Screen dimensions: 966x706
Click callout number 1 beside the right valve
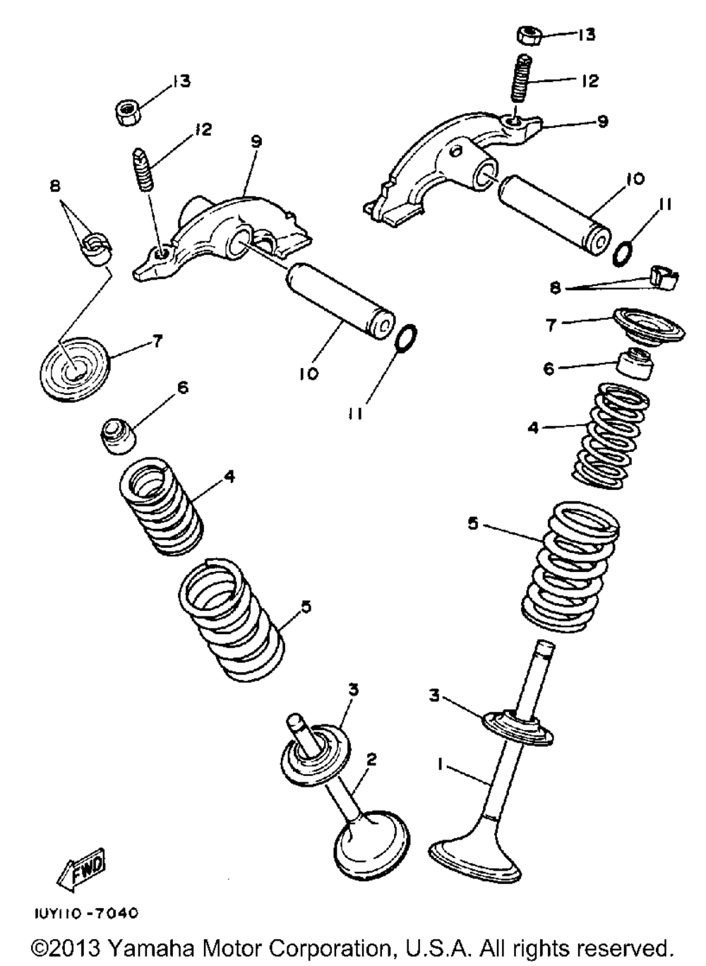point(440,764)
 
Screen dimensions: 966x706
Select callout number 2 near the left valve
point(371,759)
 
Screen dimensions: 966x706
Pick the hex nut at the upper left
point(127,112)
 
